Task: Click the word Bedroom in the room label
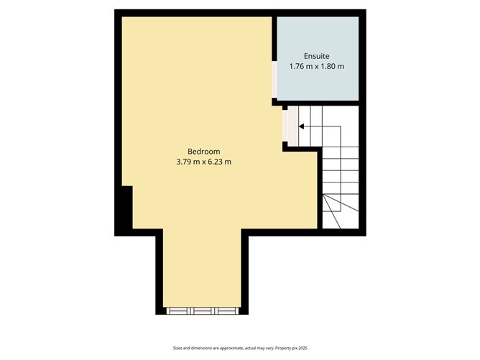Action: pyautogui.click(x=203, y=152)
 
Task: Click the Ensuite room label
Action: pyautogui.click(x=317, y=55)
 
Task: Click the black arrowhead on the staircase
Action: pyautogui.click(x=301, y=126)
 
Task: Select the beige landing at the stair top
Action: pyautogui.click(x=291, y=126)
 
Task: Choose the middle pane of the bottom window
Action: pyautogui.click(x=203, y=311)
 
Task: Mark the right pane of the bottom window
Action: pyautogui.click(x=227, y=311)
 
